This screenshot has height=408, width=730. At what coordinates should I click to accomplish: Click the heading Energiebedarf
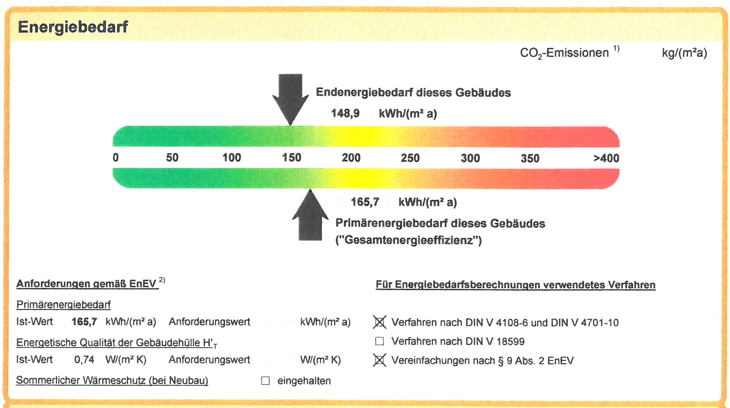(73, 27)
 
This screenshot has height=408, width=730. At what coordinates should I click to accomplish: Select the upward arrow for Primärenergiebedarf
(310, 217)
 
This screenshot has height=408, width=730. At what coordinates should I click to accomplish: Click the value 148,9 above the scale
(345, 113)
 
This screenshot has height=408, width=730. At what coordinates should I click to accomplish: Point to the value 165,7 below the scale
(365, 202)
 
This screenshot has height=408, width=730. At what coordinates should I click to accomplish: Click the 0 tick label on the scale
(116, 158)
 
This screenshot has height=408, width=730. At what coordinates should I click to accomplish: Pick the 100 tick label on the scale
(232, 158)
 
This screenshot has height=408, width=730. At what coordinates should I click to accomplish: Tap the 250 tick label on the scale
(410, 158)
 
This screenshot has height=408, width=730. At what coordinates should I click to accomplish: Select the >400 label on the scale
(606, 158)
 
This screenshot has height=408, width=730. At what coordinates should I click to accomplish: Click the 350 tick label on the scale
(530, 158)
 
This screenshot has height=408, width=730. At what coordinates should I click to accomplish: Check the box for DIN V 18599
(380, 341)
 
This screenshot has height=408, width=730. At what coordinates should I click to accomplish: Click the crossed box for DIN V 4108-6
(380, 322)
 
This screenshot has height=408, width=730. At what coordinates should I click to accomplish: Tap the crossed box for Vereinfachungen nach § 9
(380, 360)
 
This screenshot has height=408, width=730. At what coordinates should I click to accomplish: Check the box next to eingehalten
(266, 381)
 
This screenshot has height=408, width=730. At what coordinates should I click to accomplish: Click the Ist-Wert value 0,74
(84, 360)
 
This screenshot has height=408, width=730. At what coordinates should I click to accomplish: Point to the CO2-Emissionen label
(564, 53)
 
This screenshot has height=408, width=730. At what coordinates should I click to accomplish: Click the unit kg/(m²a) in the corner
(684, 53)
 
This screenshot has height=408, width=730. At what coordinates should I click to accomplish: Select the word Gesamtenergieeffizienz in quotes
(409, 240)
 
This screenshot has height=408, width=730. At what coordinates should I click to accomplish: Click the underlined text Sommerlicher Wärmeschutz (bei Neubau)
(112, 380)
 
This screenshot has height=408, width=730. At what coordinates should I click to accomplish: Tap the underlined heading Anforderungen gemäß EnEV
(87, 284)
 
